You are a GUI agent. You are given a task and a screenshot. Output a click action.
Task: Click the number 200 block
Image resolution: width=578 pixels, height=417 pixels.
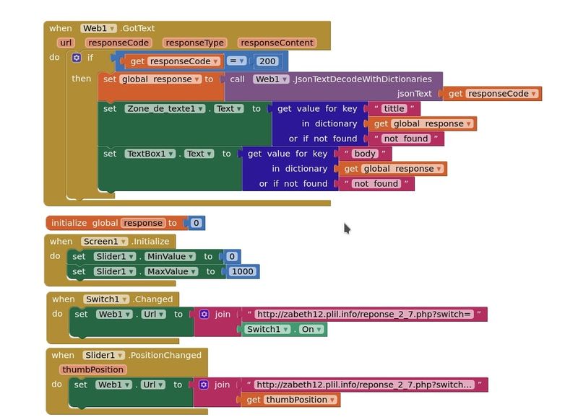coord(267,61)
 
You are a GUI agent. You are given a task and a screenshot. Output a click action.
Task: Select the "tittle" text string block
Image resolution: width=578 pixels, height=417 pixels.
coord(394,108)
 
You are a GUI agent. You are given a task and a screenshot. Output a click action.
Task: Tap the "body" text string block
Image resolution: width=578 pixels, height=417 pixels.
coord(365,154)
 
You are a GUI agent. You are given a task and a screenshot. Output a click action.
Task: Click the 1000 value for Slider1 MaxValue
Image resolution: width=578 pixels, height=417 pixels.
coord(243,271)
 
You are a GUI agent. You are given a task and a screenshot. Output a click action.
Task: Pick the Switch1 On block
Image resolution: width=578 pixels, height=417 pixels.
coord(285,329)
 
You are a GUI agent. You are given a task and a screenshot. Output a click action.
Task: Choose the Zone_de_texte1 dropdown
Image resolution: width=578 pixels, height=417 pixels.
coord(163,108)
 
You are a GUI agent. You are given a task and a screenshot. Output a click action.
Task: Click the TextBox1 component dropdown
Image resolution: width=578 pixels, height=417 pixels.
coord(151,154)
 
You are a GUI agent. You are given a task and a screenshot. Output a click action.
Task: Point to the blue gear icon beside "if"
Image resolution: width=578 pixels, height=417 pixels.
coord(77,58)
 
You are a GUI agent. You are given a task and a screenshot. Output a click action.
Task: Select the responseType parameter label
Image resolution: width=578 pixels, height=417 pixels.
coord(194,43)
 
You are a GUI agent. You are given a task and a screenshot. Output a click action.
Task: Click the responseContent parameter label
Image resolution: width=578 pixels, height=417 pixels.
coord(276,43)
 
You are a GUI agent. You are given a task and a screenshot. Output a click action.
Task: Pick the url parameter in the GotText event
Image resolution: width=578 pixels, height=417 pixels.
coord(66,43)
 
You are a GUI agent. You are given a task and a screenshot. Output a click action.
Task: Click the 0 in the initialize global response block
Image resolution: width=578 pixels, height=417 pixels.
coord(196,223)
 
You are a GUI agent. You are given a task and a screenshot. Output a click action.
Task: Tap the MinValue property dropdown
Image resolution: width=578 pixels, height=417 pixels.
coord(170,256)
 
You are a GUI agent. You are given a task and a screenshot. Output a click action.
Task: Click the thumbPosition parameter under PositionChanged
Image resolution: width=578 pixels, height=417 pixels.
coord(92,369)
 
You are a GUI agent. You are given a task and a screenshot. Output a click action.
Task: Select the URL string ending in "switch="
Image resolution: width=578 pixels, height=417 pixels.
coord(364,314)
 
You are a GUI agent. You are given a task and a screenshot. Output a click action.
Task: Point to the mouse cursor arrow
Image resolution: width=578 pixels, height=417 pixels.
coord(347,228)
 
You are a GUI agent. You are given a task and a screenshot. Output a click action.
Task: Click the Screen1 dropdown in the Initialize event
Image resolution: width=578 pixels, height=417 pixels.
coord(104,241)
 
